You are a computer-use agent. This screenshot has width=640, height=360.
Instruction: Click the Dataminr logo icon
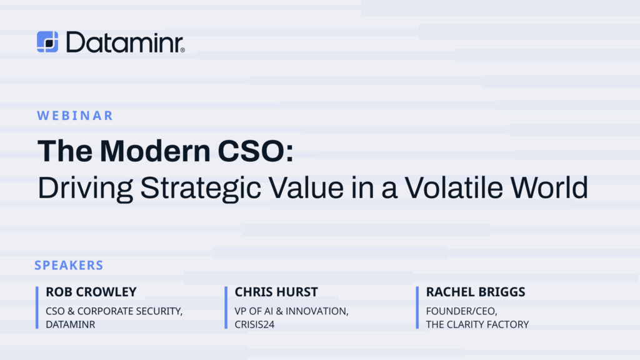click(47, 42)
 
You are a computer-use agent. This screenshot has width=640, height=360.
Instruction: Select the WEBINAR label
click(75, 116)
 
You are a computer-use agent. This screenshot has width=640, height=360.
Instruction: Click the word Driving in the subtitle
click(78, 187)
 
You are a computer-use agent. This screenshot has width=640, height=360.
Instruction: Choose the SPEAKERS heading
click(69, 266)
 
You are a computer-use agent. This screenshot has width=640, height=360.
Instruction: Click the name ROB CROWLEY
click(91, 292)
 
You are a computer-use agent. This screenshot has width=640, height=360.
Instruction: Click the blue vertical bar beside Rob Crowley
click(37, 307)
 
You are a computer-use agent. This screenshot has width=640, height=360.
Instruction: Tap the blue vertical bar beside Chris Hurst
click(226, 307)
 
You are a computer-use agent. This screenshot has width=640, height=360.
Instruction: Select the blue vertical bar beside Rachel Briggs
click(417, 307)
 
